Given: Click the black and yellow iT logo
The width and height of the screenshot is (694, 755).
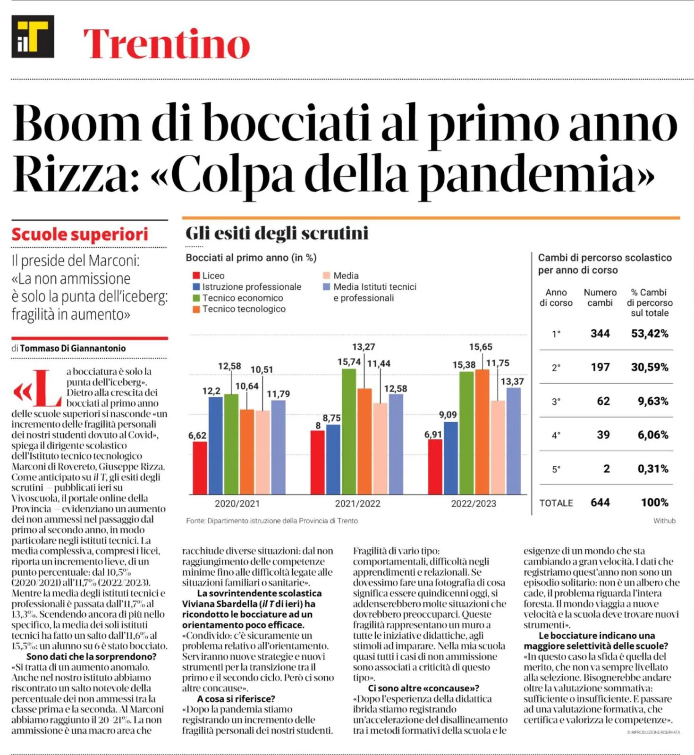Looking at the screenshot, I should tap(33, 36).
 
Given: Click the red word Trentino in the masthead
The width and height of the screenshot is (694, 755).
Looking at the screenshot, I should tap(167, 43).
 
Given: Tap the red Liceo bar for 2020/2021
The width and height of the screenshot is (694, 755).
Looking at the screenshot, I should tap(200, 467).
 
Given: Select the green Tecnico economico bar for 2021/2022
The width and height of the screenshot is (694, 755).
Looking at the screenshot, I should tap(349, 431).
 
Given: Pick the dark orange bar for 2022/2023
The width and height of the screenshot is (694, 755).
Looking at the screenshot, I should tap(482, 431).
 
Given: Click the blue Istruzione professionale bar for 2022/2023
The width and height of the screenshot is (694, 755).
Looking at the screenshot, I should tap(451, 458).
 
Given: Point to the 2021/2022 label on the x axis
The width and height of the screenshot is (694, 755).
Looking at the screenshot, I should tap(357, 503).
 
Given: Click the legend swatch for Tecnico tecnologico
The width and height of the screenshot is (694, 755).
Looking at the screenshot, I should tap(196, 310).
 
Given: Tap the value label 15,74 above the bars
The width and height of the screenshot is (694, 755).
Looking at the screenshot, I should tap(349, 362).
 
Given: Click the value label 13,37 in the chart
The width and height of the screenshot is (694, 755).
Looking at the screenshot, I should tap(512, 381).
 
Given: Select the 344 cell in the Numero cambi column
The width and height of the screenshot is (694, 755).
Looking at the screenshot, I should tap(600, 334).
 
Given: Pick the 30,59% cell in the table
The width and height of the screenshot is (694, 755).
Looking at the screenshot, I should tap(650, 367).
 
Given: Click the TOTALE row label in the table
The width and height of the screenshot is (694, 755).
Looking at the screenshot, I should tap(556, 503).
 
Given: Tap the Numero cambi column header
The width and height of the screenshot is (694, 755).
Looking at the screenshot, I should tap(600, 297).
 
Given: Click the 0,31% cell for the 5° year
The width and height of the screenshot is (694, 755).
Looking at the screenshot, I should tap(653, 469).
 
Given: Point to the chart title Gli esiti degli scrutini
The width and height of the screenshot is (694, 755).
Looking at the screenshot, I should tap(277, 233).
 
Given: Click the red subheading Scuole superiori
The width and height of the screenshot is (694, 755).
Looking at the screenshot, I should tap(80, 235).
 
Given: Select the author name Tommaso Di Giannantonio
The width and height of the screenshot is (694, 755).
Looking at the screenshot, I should tap(73, 348).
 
